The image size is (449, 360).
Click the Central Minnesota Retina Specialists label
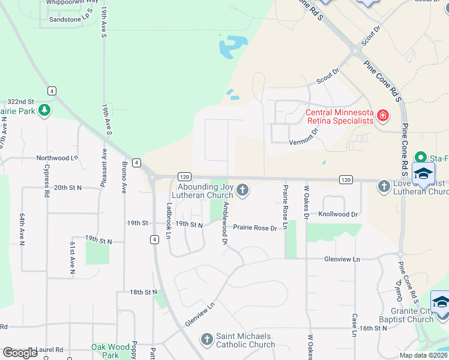click(340, 117)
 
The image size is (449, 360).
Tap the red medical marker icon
click(382, 114)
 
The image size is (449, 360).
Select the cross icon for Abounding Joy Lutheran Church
click(243, 190)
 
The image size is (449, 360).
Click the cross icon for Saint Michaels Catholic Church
click(206, 340)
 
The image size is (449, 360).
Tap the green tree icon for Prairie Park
click(44, 110)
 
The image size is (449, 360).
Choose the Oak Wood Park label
click(110, 351)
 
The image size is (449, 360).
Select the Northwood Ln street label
click(58, 158)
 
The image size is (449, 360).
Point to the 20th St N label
click(67, 188)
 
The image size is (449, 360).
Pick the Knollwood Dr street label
click(338, 214)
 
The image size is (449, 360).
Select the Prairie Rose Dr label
click(255, 228)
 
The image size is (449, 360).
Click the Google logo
click(20, 353)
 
